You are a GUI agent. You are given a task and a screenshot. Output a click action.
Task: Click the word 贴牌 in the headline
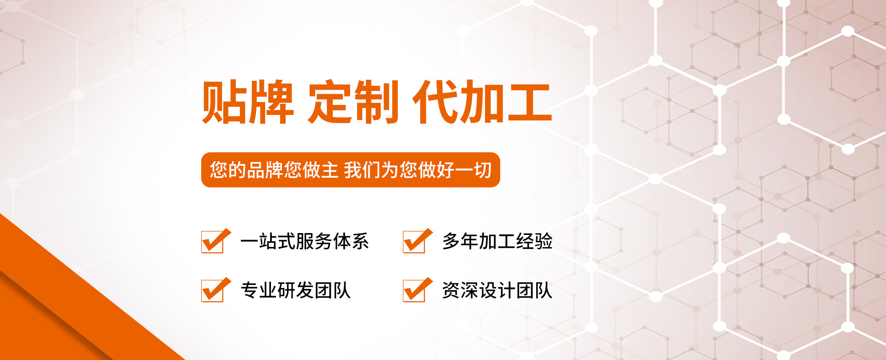[x=248, y=102]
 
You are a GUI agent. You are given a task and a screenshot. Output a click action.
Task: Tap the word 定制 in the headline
[x=353, y=102]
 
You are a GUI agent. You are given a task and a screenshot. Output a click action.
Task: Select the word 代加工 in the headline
[x=482, y=102]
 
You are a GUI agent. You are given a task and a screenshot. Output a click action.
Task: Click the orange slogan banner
[x=351, y=170]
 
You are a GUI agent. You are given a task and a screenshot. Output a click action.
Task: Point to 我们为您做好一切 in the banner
[x=418, y=170]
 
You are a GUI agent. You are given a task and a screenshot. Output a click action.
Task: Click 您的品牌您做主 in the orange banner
[x=275, y=170]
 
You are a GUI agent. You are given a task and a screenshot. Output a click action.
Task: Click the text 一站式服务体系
[x=305, y=241]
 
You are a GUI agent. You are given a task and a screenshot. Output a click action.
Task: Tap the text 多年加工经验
[x=497, y=241]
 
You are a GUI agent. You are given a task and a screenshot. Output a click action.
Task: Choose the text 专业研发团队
[x=295, y=290]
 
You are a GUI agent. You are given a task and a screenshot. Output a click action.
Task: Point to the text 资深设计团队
[x=497, y=290]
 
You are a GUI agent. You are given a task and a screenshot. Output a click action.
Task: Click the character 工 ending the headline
[x=529, y=102]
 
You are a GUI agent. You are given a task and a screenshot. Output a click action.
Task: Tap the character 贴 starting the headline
[x=224, y=102]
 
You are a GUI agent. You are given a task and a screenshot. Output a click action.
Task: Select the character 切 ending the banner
[x=483, y=170]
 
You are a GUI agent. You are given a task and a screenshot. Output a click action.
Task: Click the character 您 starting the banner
[x=219, y=170]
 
